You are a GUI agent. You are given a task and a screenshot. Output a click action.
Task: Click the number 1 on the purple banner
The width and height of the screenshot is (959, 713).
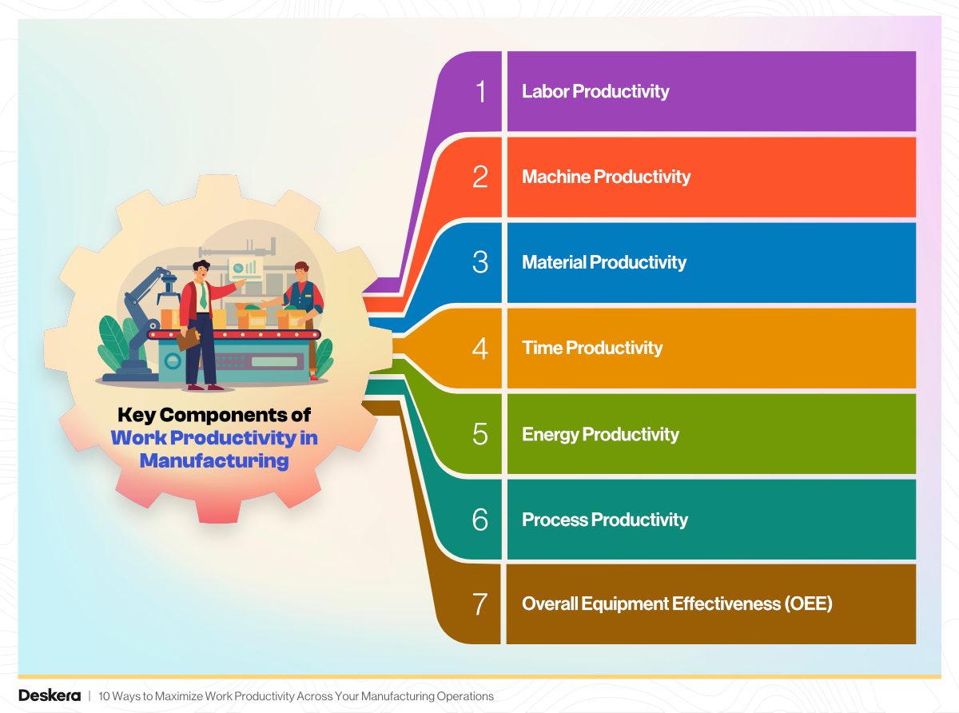(x=479, y=92)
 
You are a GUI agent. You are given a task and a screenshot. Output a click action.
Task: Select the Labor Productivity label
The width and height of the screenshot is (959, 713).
(x=595, y=92)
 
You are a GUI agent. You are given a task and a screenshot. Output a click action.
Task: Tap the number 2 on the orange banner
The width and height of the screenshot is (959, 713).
(x=479, y=177)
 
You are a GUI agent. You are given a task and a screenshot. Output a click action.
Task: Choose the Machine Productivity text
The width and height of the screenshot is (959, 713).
(x=606, y=177)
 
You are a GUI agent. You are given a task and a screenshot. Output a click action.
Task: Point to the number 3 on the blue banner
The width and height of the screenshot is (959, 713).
(x=479, y=262)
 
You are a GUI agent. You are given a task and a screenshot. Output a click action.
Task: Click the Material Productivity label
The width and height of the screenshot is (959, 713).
(x=604, y=262)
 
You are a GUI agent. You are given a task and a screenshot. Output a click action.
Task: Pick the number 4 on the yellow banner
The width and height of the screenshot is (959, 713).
(x=479, y=349)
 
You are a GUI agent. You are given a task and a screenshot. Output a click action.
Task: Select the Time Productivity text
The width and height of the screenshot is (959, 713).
(x=592, y=349)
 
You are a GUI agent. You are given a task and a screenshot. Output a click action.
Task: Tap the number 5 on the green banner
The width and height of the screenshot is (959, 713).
(x=479, y=434)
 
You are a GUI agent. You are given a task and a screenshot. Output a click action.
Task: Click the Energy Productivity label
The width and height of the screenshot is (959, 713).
(x=600, y=434)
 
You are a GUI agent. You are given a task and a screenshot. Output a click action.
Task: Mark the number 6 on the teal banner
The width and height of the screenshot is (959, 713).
(x=479, y=520)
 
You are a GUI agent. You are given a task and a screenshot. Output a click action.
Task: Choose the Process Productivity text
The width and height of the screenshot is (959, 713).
(x=605, y=520)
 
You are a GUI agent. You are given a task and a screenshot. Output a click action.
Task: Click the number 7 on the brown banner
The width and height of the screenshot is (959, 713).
(x=479, y=604)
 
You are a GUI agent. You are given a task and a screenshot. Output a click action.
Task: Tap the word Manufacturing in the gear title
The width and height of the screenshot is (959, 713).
(x=213, y=461)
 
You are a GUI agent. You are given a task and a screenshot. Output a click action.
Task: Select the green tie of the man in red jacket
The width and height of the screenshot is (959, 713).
(x=203, y=297)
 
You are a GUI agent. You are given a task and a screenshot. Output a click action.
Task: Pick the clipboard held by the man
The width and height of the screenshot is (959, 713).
(x=188, y=339)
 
